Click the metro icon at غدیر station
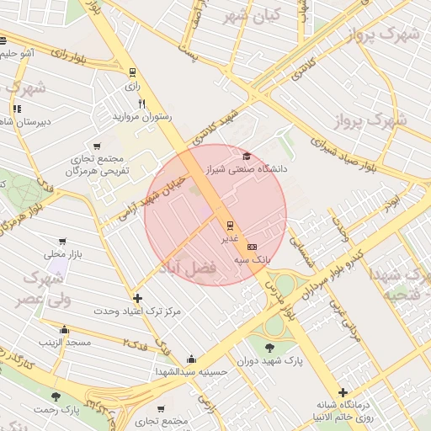[x=231, y=225]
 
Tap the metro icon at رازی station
[x=131, y=72]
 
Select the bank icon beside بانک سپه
[x=252, y=247]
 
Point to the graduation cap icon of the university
[x=247, y=156]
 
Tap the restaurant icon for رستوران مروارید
[x=141, y=104]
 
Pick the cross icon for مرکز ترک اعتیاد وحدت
[x=137, y=298]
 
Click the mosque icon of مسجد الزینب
[x=64, y=329]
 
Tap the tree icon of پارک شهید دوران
[x=269, y=347]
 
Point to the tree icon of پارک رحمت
[x=56, y=396]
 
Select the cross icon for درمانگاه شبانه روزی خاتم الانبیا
[x=343, y=392]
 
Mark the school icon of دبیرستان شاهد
[x=17, y=109]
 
